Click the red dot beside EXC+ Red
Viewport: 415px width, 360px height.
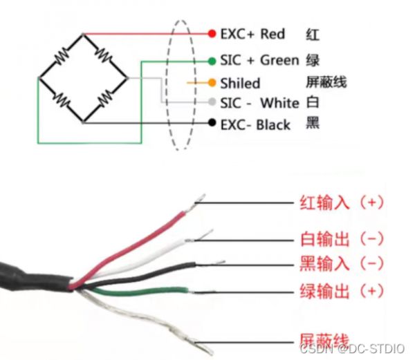click(x=212, y=33)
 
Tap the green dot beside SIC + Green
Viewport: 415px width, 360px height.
click(x=212, y=60)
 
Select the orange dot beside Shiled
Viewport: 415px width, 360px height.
click(x=212, y=83)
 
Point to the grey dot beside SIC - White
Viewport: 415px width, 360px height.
click(x=212, y=102)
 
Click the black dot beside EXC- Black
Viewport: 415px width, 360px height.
click(x=212, y=124)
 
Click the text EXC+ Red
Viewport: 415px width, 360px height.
click(x=252, y=33)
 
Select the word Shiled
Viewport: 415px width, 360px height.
click(x=239, y=84)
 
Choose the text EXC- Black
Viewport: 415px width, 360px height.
click(x=255, y=124)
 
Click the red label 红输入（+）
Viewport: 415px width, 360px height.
click(x=341, y=202)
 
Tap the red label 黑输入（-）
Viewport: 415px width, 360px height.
click(x=341, y=263)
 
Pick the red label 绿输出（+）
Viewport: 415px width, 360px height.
click(x=341, y=290)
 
